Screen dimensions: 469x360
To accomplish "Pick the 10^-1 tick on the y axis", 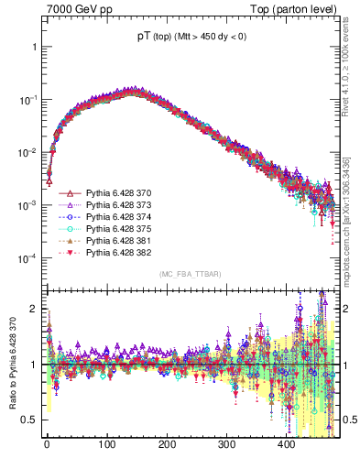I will coord(27,99).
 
